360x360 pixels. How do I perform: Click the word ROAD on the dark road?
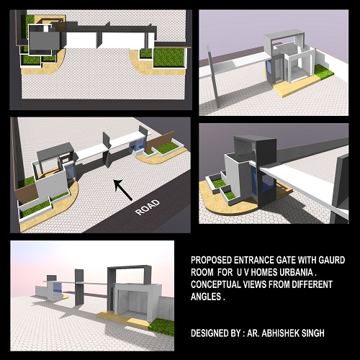148,207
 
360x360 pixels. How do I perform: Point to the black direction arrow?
122,190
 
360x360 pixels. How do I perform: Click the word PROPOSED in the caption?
212,260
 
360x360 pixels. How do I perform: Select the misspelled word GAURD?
332,260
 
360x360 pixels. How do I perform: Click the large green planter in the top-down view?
169,58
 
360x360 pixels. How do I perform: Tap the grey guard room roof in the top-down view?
45,41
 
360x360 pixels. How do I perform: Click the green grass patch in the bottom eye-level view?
161,327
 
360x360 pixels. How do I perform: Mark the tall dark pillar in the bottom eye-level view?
79,287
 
